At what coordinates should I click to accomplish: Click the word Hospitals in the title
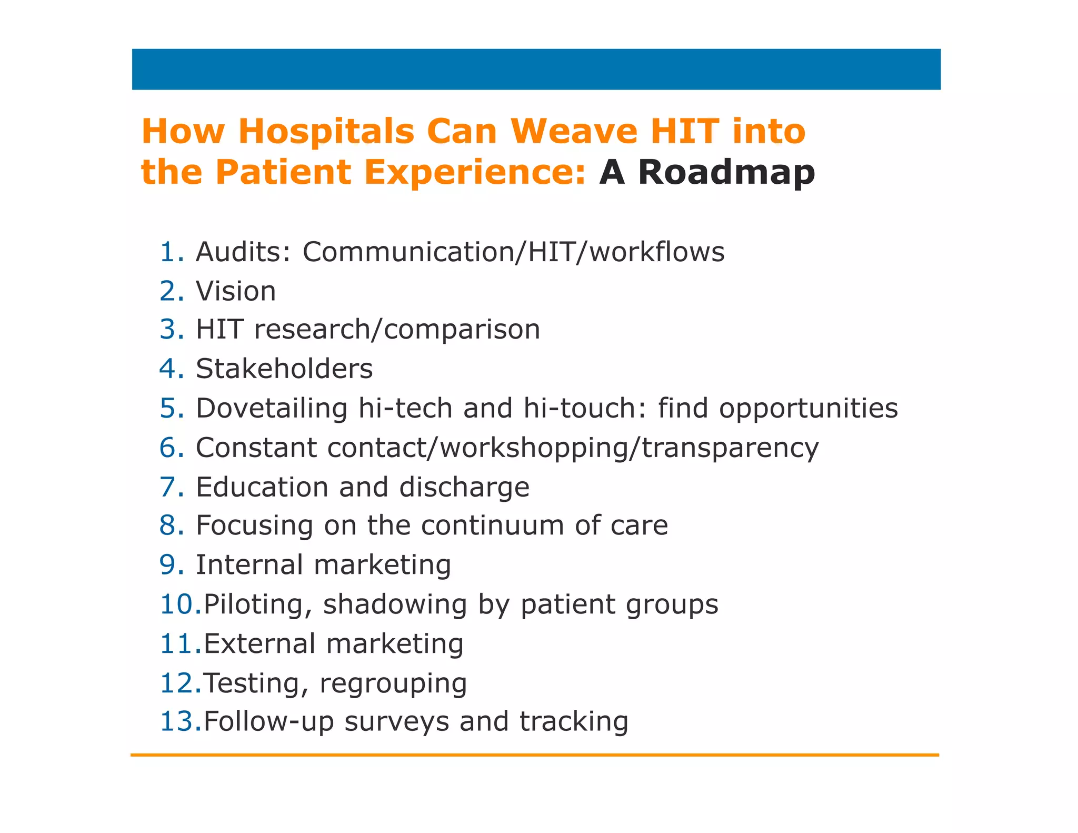326,132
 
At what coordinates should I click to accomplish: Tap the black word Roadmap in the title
726,172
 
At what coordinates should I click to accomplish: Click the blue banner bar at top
536,70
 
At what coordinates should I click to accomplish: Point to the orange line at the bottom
534,755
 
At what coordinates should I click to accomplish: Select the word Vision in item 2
236,291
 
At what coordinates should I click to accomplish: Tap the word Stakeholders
284,369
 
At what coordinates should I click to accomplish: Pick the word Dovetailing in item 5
272,409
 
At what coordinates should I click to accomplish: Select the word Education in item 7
262,487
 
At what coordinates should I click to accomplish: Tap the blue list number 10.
181,604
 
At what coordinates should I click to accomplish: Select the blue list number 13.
181,721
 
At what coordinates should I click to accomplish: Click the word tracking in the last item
574,722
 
